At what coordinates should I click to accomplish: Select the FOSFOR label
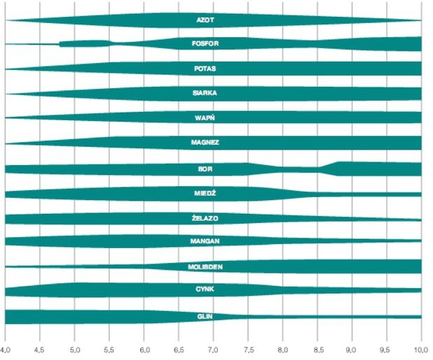[205, 44]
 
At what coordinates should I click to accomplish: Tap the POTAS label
[205, 69]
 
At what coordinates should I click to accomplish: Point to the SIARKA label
[205, 92]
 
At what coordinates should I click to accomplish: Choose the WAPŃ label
[205, 117]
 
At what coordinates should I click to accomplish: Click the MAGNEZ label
[205, 142]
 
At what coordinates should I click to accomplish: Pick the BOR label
[205, 169]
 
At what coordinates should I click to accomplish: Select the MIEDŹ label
[205, 192]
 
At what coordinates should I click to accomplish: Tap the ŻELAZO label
[205, 219]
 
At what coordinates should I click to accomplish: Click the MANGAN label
[205, 241]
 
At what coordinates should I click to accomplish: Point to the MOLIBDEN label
[205, 267]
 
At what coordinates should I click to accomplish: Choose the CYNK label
[205, 289]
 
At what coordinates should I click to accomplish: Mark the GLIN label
[205, 317]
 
